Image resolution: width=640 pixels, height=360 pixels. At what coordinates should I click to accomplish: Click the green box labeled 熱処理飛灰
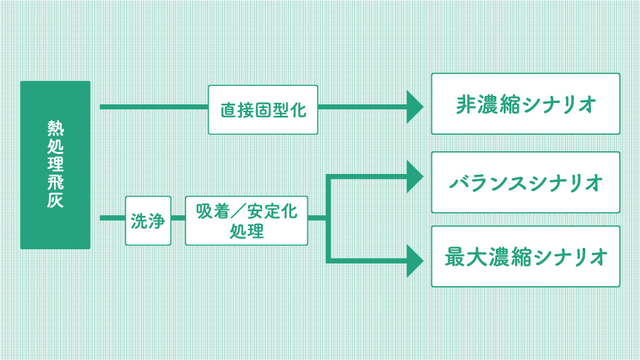[55, 165]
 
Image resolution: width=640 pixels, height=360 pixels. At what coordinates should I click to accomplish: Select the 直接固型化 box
[263, 109]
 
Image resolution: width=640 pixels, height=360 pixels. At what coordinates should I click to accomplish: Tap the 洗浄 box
[148, 221]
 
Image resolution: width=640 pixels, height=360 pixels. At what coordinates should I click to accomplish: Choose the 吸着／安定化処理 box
[246, 221]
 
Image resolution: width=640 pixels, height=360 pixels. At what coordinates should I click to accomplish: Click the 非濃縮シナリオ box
[526, 104]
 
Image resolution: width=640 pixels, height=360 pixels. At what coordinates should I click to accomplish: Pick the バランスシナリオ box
[526, 182]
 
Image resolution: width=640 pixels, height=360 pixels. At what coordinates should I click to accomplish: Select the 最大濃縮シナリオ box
[526, 256]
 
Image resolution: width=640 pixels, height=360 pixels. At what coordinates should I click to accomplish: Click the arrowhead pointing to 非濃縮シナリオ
[416, 107]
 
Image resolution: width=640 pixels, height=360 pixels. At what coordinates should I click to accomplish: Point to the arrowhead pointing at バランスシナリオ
[416, 176]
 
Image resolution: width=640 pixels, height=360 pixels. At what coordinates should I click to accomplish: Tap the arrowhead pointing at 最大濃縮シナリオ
[416, 260]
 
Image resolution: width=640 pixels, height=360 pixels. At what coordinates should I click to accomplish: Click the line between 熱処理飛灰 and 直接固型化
[153, 107]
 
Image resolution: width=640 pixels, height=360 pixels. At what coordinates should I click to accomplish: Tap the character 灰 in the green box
[55, 200]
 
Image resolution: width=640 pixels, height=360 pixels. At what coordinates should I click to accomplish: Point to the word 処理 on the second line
[246, 231]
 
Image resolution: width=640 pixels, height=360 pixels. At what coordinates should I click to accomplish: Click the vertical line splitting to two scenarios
[329, 217]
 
